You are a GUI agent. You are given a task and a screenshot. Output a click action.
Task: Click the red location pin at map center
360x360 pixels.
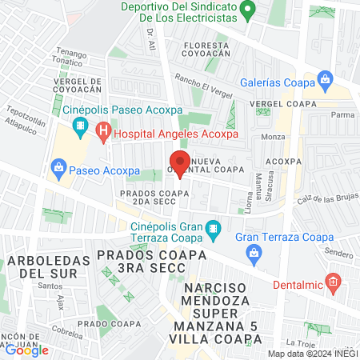179,163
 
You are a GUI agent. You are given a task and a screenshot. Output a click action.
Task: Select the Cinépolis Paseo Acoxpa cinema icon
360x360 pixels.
80,126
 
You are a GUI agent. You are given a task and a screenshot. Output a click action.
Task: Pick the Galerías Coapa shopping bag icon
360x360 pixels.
325,79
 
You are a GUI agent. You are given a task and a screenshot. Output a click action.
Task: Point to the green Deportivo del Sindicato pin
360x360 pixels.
248,11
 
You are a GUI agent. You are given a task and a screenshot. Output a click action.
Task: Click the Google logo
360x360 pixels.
26,350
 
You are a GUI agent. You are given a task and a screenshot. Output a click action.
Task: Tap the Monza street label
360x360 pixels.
274,138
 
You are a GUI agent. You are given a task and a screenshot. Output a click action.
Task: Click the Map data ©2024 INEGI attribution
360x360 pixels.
313,354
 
